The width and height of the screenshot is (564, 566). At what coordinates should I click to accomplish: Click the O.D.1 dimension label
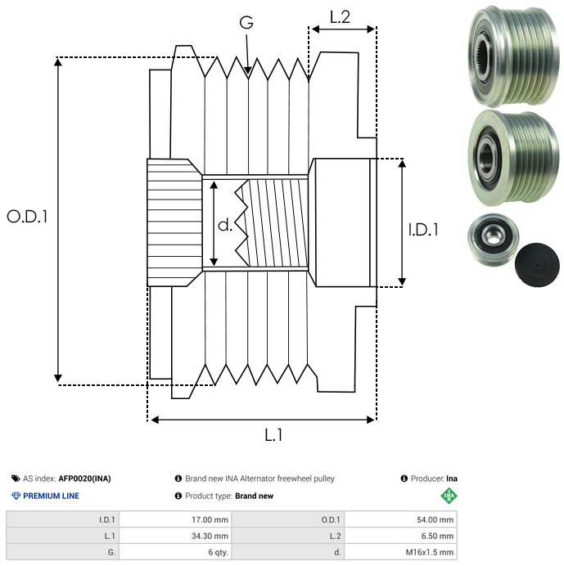(x=27, y=217)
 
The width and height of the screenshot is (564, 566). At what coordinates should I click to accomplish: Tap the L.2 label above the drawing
(x=340, y=17)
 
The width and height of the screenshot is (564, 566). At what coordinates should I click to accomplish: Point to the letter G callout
(x=246, y=22)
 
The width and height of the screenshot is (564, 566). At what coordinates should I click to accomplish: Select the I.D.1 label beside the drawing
(x=423, y=230)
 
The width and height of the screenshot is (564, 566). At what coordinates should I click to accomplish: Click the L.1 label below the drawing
(x=273, y=435)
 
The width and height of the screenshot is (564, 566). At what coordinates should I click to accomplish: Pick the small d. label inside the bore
(x=225, y=225)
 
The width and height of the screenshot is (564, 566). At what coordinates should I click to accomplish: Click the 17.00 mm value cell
(x=210, y=520)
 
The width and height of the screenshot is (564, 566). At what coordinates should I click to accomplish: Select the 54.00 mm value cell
(x=435, y=520)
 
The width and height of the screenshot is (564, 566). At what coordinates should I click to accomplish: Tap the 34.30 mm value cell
(x=210, y=536)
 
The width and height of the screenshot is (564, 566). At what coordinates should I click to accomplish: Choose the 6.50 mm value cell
(x=437, y=536)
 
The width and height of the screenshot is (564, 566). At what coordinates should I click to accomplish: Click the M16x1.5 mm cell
(x=429, y=552)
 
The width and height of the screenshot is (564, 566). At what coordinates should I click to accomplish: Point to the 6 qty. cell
(x=218, y=552)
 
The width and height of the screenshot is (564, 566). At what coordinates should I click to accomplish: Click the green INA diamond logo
(x=449, y=496)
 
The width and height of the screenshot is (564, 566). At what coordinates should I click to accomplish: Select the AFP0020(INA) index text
(x=84, y=478)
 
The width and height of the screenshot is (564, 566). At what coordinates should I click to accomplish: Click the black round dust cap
(x=537, y=264)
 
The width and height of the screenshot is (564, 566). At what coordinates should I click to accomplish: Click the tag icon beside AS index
(x=16, y=478)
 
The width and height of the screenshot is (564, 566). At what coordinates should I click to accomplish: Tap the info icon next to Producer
(x=404, y=478)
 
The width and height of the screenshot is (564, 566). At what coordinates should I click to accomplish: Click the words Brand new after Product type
(x=254, y=496)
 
